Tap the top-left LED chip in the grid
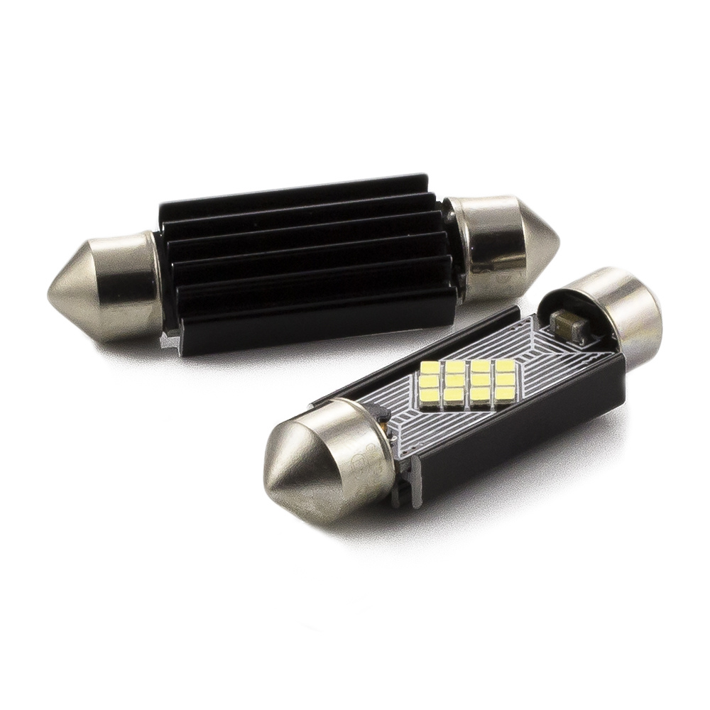[430, 368]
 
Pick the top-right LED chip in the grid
[503, 366]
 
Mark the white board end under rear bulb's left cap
[168, 342]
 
